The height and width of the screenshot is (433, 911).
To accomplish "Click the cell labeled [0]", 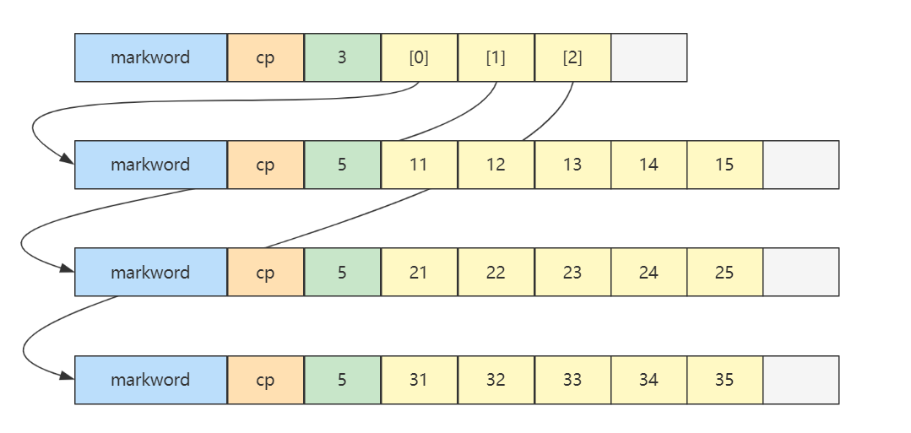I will [x=419, y=57].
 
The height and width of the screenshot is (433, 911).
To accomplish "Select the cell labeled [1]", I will [x=496, y=57].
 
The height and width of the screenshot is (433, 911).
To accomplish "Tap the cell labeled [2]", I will [x=572, y=57].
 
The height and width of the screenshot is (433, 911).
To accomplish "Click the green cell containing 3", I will [x=342, y=57].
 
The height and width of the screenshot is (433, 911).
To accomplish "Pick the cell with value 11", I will [x=419, y=165].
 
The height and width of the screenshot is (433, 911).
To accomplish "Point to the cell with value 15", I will [x=724, y=165].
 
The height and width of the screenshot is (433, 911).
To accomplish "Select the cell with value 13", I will [x=572, y=165].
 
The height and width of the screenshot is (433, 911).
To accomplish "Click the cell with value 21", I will [x=419, y=272].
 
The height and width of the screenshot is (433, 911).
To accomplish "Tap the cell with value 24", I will [x=648, y=272].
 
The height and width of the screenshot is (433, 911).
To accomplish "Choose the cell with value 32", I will [x=496, y=380].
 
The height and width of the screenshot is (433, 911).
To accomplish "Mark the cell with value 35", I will [x=724, y=380].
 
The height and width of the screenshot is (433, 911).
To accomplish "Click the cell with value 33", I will [x=572, y=380].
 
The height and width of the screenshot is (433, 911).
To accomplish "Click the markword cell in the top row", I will [x=150, y=57].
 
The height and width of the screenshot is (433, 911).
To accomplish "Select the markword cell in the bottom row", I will [x=150, y=380].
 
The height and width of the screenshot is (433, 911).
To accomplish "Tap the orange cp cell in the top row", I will [x=265, y=57].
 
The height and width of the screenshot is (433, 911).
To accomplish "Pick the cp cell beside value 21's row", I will [x=265, y=272].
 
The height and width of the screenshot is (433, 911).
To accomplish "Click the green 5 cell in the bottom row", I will [x=342, y=380].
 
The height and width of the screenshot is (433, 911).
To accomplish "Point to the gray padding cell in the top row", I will [x=648, y=57].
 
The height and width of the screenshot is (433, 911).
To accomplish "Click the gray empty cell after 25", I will [x=800, y=272].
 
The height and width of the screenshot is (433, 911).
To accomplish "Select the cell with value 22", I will [x=496, y=272].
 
